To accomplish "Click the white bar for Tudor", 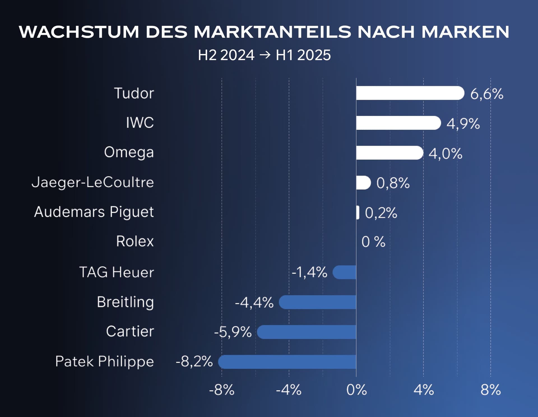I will [x=410, y=93].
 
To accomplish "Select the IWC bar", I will [x=398, y=123].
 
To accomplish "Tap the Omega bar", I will [x=389, y=153].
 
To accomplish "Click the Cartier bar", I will [x=307, y=332].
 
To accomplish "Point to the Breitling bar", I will [x=317, y=302].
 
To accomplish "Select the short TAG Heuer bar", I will [x=344, y=272].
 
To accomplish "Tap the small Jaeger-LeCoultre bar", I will [x=363, y=183].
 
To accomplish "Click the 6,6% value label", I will [x=487, y=94].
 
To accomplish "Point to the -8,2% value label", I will [x=194, y=362].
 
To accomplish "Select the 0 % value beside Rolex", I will [x=373, y=242].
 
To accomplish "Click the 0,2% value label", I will [x=381, y=213].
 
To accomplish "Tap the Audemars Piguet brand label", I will [x=94, y=212].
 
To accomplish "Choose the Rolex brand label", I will [x=135, y=241].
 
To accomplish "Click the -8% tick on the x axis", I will [x=222, y=390].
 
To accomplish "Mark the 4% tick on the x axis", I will [x=424, y=390].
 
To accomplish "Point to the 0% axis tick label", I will [x=356, y=390].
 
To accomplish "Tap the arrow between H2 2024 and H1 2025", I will [x=265, y=55].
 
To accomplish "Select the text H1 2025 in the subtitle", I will [x=303, y=55].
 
